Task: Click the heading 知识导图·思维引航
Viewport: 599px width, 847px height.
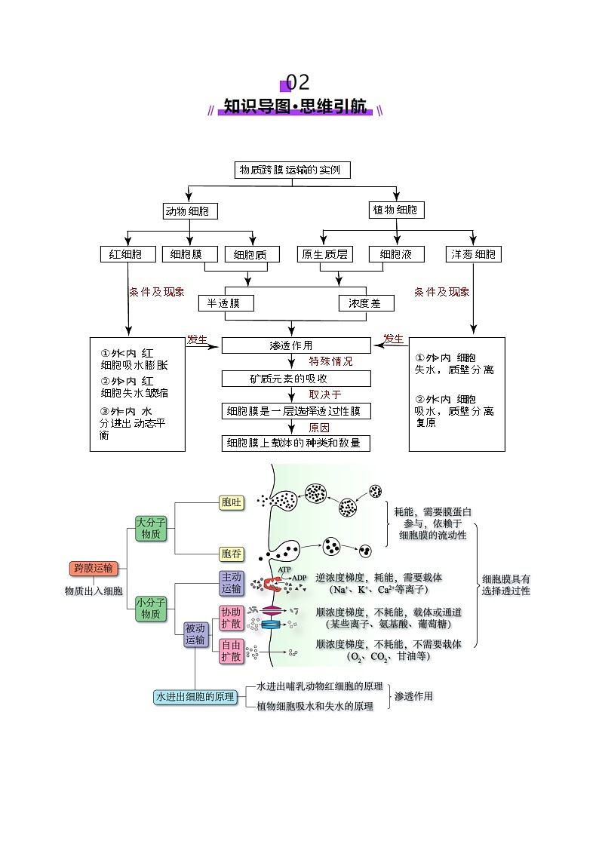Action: coord(295,106)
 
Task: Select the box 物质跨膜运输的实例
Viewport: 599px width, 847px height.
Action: coord(292,170)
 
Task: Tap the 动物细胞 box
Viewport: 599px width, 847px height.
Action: coord(190,210)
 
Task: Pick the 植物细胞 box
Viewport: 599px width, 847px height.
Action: coord(395,210)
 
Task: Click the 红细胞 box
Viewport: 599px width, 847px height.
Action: coord(127,254)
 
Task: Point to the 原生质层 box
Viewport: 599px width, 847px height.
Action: coord(324,254)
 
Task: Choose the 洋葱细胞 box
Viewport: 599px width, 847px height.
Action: coord(474,254)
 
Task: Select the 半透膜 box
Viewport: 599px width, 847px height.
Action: coord(225,303)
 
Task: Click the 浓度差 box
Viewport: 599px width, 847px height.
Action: coord(365,303)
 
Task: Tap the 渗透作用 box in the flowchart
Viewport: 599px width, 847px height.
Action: coord(296,345)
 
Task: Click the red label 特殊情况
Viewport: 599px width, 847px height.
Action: coord(330,362)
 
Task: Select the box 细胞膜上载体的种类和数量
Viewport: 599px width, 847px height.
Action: coord(296,443)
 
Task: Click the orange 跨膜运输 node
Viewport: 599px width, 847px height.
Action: coord(94,568)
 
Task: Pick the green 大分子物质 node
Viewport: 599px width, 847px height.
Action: coord(150,528)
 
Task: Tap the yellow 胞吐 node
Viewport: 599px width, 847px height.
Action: coord(232,503)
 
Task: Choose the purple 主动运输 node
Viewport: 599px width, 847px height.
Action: coord(232,582)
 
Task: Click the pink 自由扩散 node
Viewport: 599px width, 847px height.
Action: coord(232,651)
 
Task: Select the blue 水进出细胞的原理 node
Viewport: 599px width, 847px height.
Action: coord(195,697)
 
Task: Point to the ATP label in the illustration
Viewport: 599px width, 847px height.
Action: coord(284,569)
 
